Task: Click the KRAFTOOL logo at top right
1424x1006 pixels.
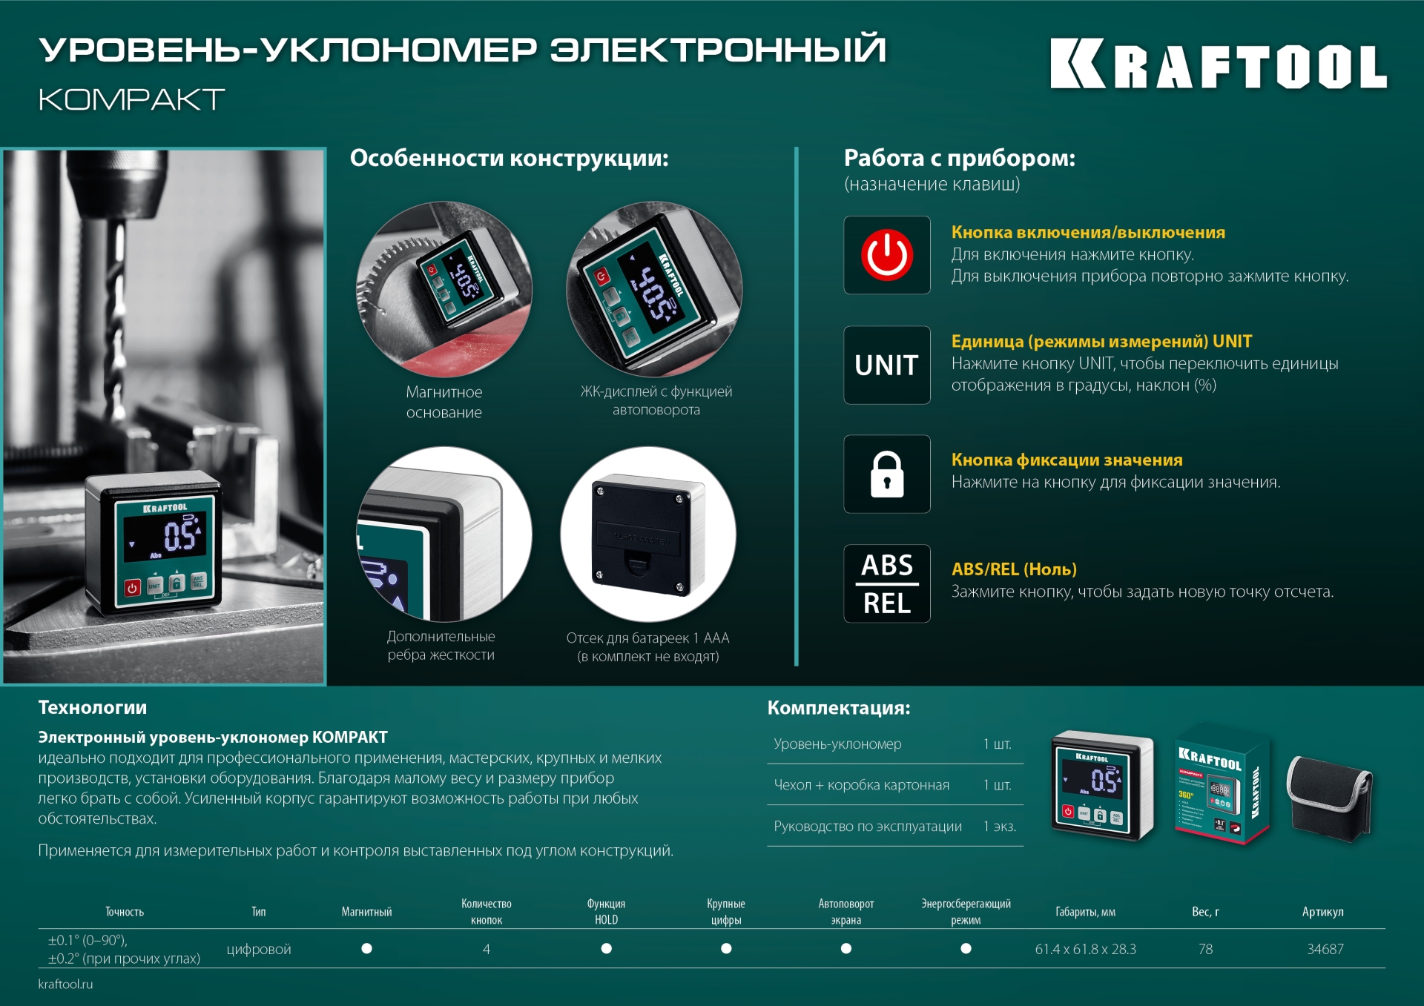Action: pos(1218,64)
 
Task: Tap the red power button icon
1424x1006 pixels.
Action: pos(886,255)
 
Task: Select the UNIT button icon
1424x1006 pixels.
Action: pos(886,365)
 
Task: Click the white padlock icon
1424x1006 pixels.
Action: pos(886,474)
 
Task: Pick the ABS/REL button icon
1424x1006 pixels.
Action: pos(886,584)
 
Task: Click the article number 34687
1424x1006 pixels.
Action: pos(1325,949)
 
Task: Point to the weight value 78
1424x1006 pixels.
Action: pos(1205,949)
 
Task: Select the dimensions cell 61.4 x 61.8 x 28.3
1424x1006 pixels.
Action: pos(1085,949)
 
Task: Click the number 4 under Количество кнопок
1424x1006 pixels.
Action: pos(487,949)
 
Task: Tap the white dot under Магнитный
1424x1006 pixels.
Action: pos(366,948)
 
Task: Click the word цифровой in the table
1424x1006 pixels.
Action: pos(258,949)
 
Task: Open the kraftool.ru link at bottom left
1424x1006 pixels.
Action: pos(65,984)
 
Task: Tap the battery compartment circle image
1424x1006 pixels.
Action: pos(648,534)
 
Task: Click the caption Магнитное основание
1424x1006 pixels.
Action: pos(444,402)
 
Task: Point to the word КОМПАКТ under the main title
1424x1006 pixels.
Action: pos(131,99)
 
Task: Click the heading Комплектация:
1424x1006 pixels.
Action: pos(838,707)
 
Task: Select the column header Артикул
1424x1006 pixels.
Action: pos(1322,912)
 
